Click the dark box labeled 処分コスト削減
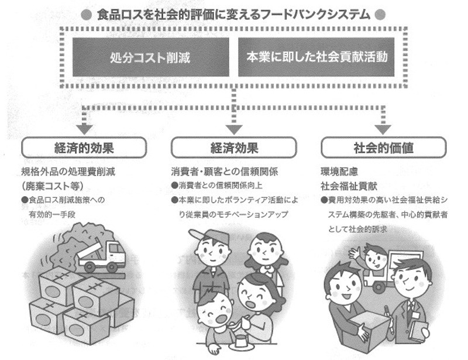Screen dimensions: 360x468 (x=150, y=57)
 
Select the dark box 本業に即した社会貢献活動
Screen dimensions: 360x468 (x=316, y=57)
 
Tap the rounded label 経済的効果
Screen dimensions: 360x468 (x=84, y=148)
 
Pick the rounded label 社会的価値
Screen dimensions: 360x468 (x=383, y=148)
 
